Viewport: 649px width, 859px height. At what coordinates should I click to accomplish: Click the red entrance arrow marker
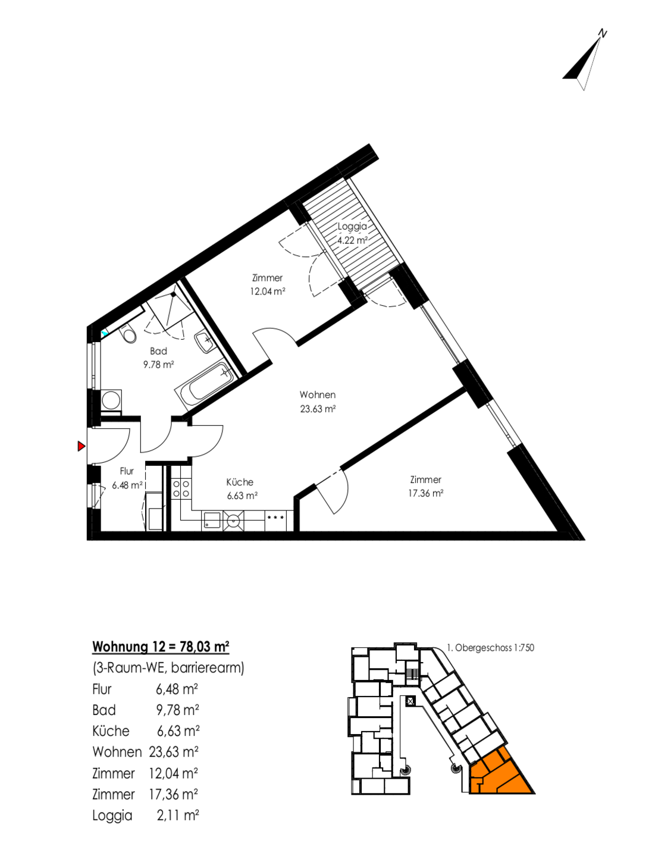pyautogui.click(x=81, y=446)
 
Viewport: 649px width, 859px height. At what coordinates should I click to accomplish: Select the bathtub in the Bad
pyautogui.click(x=205, y=385)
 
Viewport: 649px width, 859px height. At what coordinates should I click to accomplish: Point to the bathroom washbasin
pyautogui.click(x=204, y=341)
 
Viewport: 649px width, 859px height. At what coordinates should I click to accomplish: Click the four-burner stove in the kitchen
pyautogui.click(x=181, y=489)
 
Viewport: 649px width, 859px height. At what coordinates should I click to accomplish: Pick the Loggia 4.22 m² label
pyautogui.click(x=353, y=233)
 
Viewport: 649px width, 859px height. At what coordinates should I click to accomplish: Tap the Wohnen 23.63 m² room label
pyautogui.click(x=318, y=402)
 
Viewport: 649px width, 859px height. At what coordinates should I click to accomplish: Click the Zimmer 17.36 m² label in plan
pyautogui.click(x=425, y=486)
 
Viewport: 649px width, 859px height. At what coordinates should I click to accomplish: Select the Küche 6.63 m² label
pyautogui.click(x=242, y=489)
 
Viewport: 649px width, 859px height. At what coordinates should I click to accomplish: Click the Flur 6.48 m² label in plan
pyautogui.click(x=127, y=478)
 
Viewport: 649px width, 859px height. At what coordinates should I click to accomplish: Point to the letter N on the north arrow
pyautogui.click(x=603, y=34)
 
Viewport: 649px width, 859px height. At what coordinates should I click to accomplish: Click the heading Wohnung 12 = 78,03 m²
pyautogui.click(x=161, y=646)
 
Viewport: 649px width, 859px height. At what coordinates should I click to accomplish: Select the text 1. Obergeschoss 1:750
pyautogui.click(x=490, y=648)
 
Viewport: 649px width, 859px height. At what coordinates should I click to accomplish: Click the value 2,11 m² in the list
pyautogui.click(x=178, y=814)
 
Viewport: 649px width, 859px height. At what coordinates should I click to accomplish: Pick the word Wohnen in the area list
pyautogui.click(x=117, y=752)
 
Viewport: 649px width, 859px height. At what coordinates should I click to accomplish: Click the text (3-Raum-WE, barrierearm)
pyautogui.click(x=168, y=667)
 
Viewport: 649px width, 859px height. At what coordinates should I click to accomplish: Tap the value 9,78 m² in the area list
pyautogui.click(x=178, y=710)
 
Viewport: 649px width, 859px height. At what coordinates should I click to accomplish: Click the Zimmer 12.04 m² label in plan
pyautogui.click(x=268, y=284)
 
